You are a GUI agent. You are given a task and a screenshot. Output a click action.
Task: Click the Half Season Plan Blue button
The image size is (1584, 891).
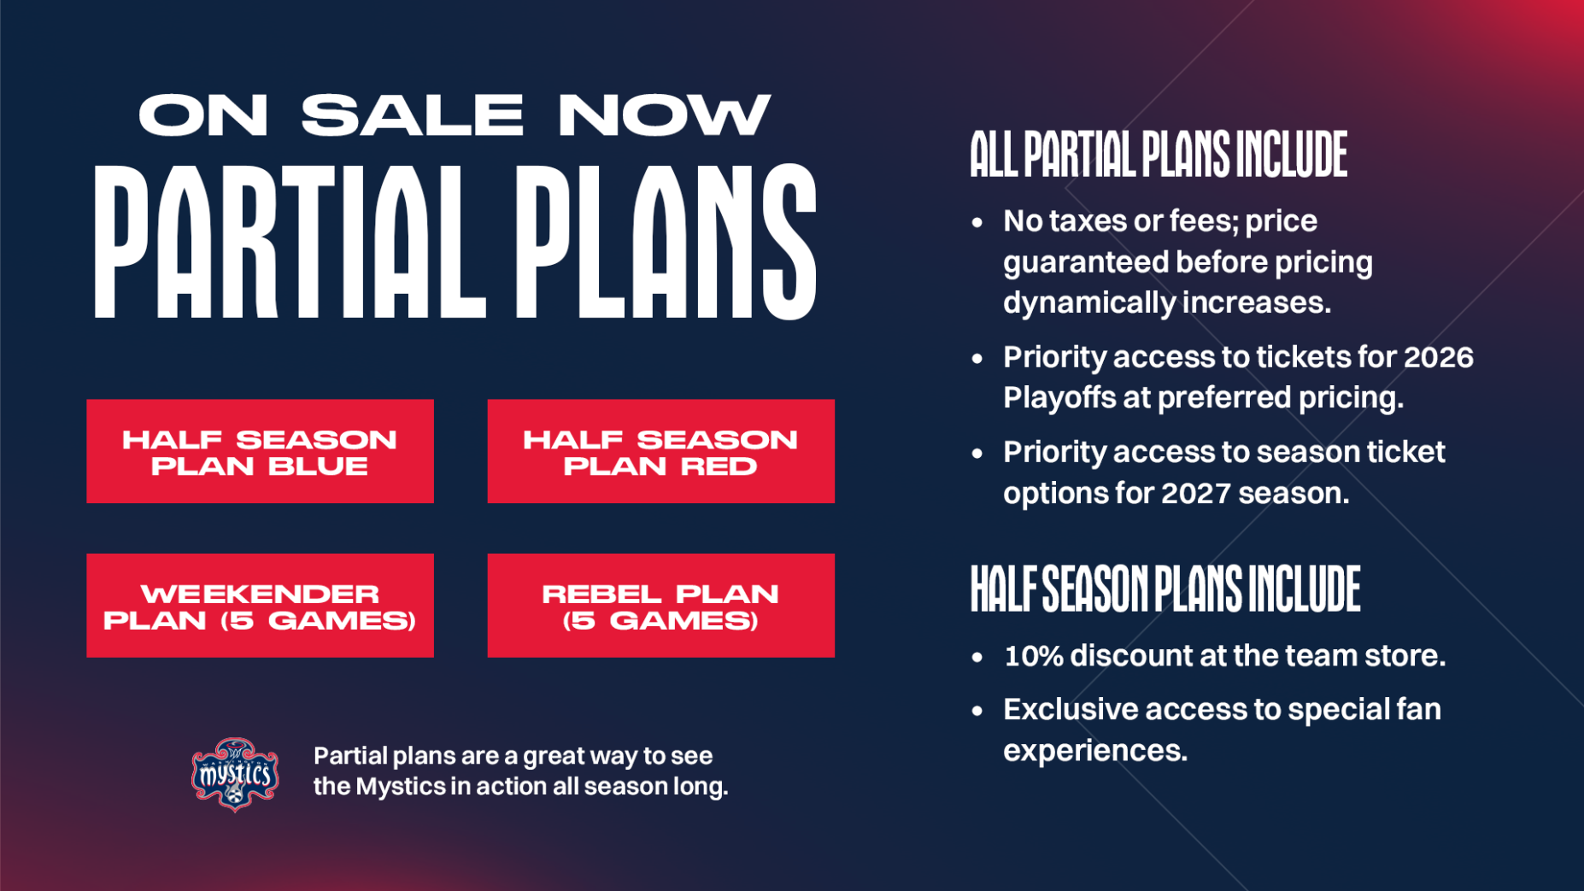click(x=260, y=451)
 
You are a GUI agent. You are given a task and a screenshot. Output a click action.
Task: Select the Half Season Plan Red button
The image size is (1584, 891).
click(x=660, y=451)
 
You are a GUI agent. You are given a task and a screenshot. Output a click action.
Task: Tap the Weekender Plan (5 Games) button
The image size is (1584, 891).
click(x=260, y=606)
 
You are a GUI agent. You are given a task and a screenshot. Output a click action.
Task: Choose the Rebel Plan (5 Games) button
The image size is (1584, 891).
click(x=660, y=606)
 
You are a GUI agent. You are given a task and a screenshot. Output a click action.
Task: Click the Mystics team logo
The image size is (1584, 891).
click(x=235, y=774)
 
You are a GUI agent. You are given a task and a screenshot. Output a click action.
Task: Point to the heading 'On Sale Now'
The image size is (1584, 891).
click(x=455, y=114)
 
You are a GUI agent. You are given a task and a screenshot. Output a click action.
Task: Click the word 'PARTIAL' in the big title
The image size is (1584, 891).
click(x=290, y=242)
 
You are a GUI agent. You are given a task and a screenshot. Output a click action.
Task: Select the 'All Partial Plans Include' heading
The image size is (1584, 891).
click(x=1159, y=155)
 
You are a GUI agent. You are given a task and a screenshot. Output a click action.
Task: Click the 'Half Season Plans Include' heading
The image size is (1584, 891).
click(x=1165, y=589)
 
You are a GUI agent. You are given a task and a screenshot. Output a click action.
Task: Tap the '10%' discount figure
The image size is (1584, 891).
click(x=1034, y=656)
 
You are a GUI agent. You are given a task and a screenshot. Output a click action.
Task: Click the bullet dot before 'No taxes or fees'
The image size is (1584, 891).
click(x=977, y=223)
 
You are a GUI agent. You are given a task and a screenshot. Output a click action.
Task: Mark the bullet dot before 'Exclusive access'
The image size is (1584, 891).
click(x=977, y=711)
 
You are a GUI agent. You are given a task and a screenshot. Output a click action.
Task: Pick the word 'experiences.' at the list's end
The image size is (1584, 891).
click(x=1095, y=752)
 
